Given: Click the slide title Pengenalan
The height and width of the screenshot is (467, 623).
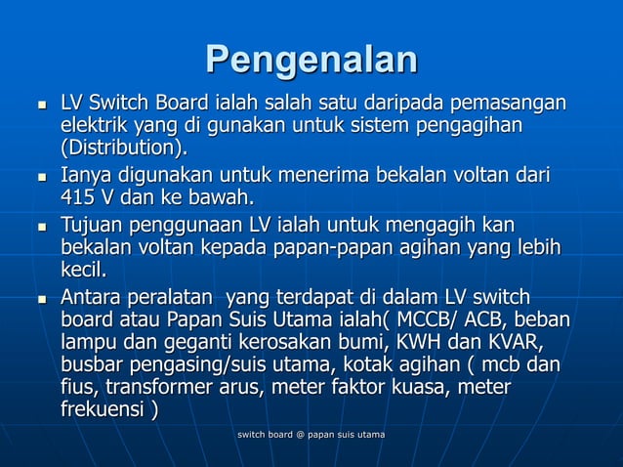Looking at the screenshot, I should point(311,60).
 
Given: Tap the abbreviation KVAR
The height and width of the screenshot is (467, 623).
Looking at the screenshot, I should point(508,343).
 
